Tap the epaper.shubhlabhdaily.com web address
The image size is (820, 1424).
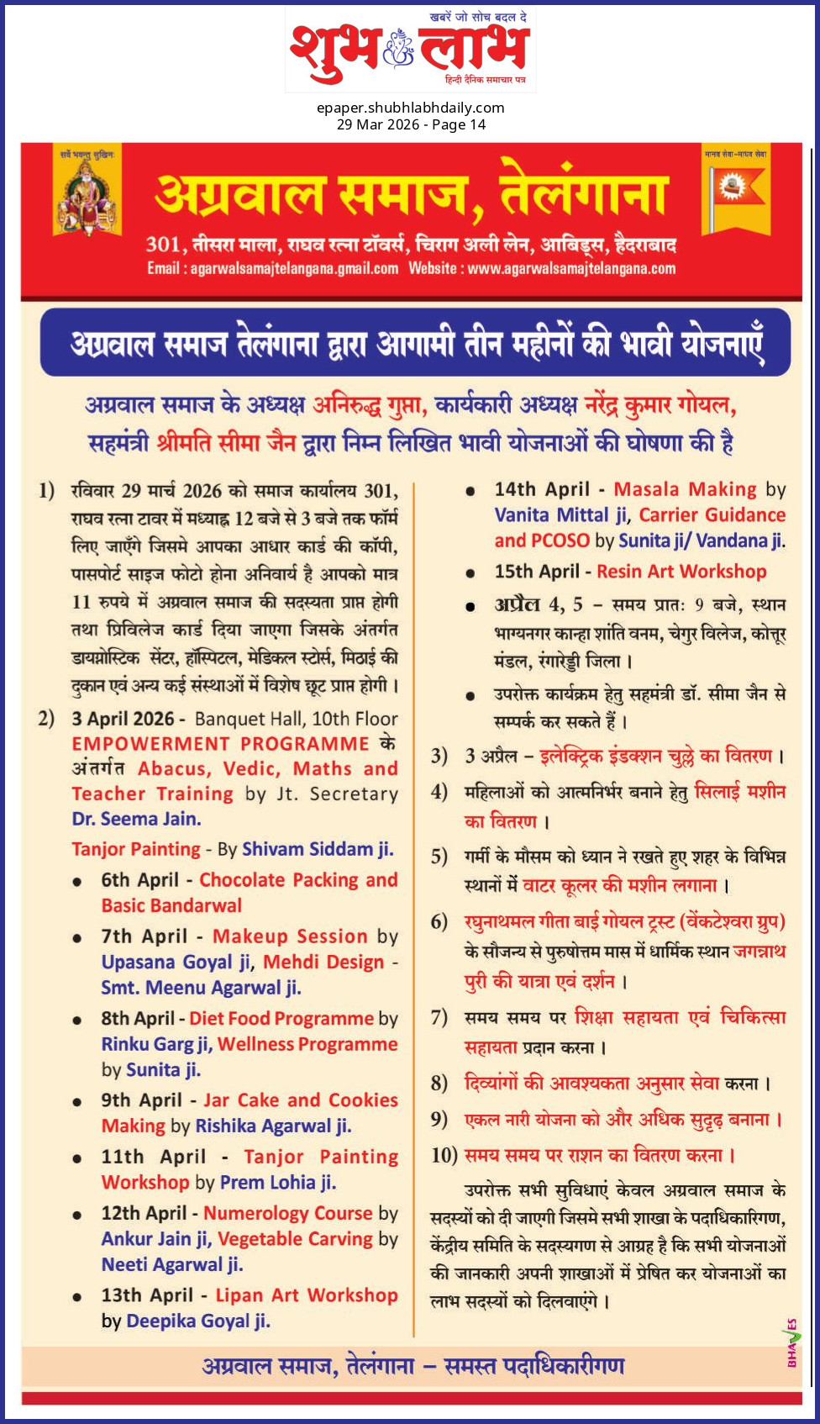[x=410, y=108]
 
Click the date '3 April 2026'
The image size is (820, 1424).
[x=123, y=720]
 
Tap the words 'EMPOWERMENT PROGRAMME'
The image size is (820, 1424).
[x=220, y=744]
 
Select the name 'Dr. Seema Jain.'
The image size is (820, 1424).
[x=136, y=819]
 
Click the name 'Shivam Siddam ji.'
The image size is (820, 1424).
[x=318, y=849]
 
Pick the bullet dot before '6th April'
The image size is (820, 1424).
[x=77, y=882]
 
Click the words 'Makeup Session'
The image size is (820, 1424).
[x=290, y=936]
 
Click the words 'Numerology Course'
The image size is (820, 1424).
[x=287, y=1214]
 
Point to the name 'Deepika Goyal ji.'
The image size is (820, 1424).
[x=198, y=1321]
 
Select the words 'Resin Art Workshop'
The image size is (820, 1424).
[x=681, y=572]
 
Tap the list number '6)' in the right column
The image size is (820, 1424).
[x=439, y=922]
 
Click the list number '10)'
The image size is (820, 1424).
[x=444, y=1156]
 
